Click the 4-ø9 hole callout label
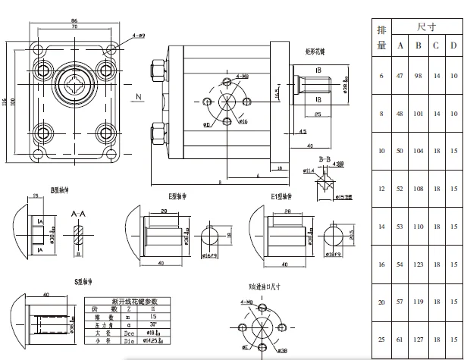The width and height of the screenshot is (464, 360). click(x=139, y=36)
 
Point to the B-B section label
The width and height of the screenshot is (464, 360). click(x=324, y=159)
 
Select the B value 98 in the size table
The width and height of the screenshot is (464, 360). click(x=417, y=76)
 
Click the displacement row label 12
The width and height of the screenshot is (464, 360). click(x=381, y=188)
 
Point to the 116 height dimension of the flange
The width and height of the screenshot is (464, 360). click(x=5, y=100)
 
